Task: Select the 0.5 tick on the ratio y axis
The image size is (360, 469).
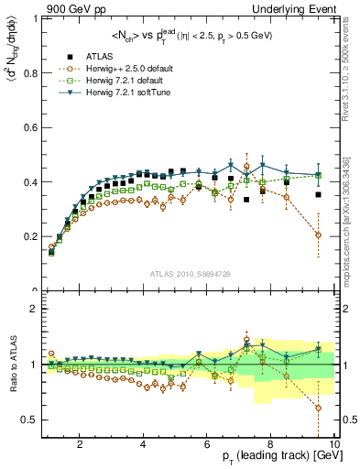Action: pyautogui.click(x=30, y=420)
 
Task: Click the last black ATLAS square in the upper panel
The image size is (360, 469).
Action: pyautogui.click(x=318, y=194)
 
